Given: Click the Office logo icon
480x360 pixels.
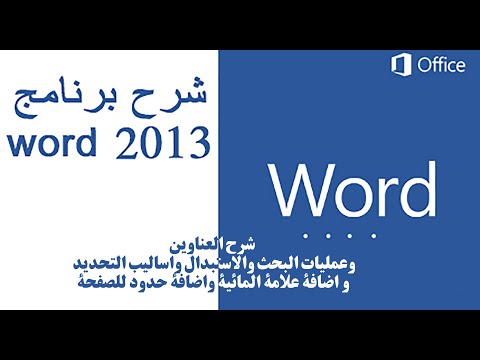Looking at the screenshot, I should [x=402, y=66].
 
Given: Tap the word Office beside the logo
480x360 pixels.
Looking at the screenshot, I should [x=441, y=66].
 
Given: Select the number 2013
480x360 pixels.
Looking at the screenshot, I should [x=167, y=142].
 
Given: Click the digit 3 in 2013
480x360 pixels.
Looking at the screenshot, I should [x=198, y=142].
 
